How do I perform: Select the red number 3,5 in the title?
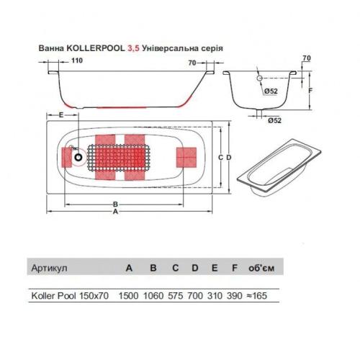(132, 50)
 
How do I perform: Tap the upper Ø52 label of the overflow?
(271, 91)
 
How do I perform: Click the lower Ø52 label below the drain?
(272, 120)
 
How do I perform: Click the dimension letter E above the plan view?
(62, 115)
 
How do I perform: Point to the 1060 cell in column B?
(153, 295)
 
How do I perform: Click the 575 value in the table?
(175, 295)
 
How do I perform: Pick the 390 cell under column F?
(235, 295)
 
